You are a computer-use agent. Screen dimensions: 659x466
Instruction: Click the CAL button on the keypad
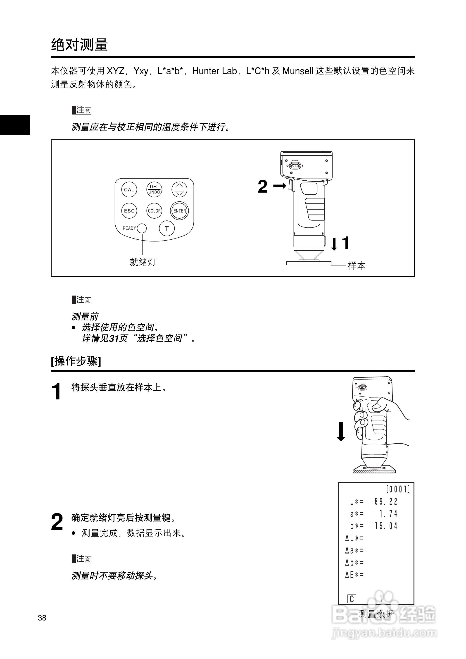click(129, 190)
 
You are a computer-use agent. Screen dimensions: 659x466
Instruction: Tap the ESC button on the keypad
click(129, 211)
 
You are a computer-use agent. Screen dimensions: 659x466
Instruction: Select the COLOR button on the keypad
click(154, 211)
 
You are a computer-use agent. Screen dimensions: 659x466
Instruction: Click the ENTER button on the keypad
click(180, 211)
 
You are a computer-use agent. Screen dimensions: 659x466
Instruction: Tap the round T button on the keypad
click(167, 229)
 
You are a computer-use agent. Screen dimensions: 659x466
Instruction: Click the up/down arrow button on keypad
click(179, 190)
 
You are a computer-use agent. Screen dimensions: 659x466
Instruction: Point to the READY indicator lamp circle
click(142, 229)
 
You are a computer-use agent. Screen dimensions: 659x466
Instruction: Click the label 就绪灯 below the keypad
click(143, 262)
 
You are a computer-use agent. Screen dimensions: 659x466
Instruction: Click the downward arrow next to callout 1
click(334, 244)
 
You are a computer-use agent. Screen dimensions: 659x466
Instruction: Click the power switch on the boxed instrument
click(295, 166)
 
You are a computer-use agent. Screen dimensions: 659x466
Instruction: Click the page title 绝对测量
click(79, 45)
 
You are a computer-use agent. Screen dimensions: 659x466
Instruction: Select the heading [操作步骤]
click(76, 361)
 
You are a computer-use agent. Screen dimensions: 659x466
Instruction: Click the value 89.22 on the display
click(386, 502)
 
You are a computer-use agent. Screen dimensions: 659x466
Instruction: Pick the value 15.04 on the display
click(386, 526)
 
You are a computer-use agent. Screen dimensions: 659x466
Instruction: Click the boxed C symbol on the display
click(352, 599)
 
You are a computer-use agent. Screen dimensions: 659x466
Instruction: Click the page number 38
click(42, 618)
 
